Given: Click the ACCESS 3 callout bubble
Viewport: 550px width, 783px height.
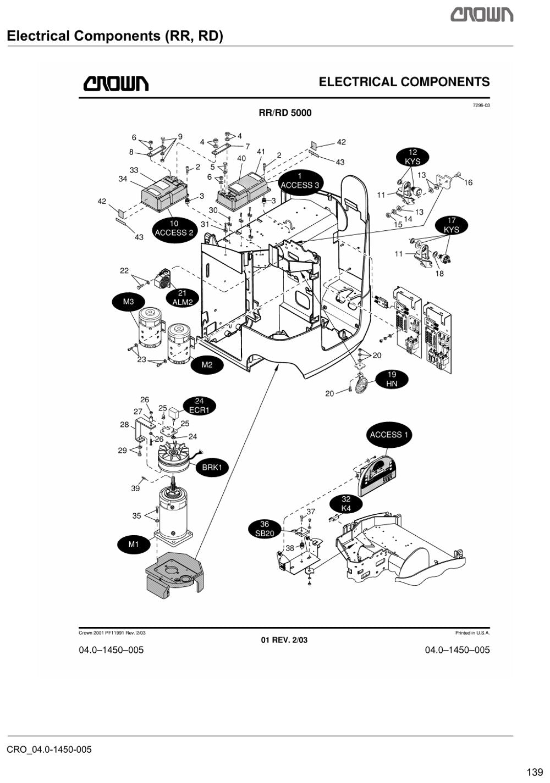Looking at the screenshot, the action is [300, 181].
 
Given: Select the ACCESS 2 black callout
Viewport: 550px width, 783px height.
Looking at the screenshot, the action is [174, 229].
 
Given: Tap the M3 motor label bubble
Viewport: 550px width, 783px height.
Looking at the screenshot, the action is [128, 302].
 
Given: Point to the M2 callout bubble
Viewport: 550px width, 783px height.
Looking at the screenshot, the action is [207, 365].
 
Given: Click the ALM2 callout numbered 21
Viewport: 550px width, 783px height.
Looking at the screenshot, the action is [182, 298].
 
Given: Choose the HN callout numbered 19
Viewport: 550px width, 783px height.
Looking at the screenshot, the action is [392, 379].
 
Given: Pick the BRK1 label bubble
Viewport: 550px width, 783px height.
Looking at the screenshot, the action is [212, 468].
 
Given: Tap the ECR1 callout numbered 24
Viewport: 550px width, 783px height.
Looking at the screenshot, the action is [199, 406].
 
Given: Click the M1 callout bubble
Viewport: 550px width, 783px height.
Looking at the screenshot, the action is [133, 545].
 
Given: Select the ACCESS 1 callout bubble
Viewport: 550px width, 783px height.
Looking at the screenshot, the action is [389, 435].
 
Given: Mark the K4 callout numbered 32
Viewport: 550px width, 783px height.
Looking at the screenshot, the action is [346, 504].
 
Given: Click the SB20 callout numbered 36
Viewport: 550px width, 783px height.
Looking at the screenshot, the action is [265, 529].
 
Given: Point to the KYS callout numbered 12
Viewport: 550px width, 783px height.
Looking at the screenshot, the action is [413, 157].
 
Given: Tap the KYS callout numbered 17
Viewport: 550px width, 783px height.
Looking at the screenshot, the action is [452, 225].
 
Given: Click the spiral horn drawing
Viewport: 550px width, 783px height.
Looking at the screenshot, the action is [361, 384].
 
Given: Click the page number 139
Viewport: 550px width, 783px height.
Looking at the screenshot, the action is [535, 772].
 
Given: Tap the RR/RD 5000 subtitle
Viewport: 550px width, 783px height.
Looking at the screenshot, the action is [285, 113].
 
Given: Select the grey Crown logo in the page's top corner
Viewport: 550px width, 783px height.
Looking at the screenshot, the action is [482, 15].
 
